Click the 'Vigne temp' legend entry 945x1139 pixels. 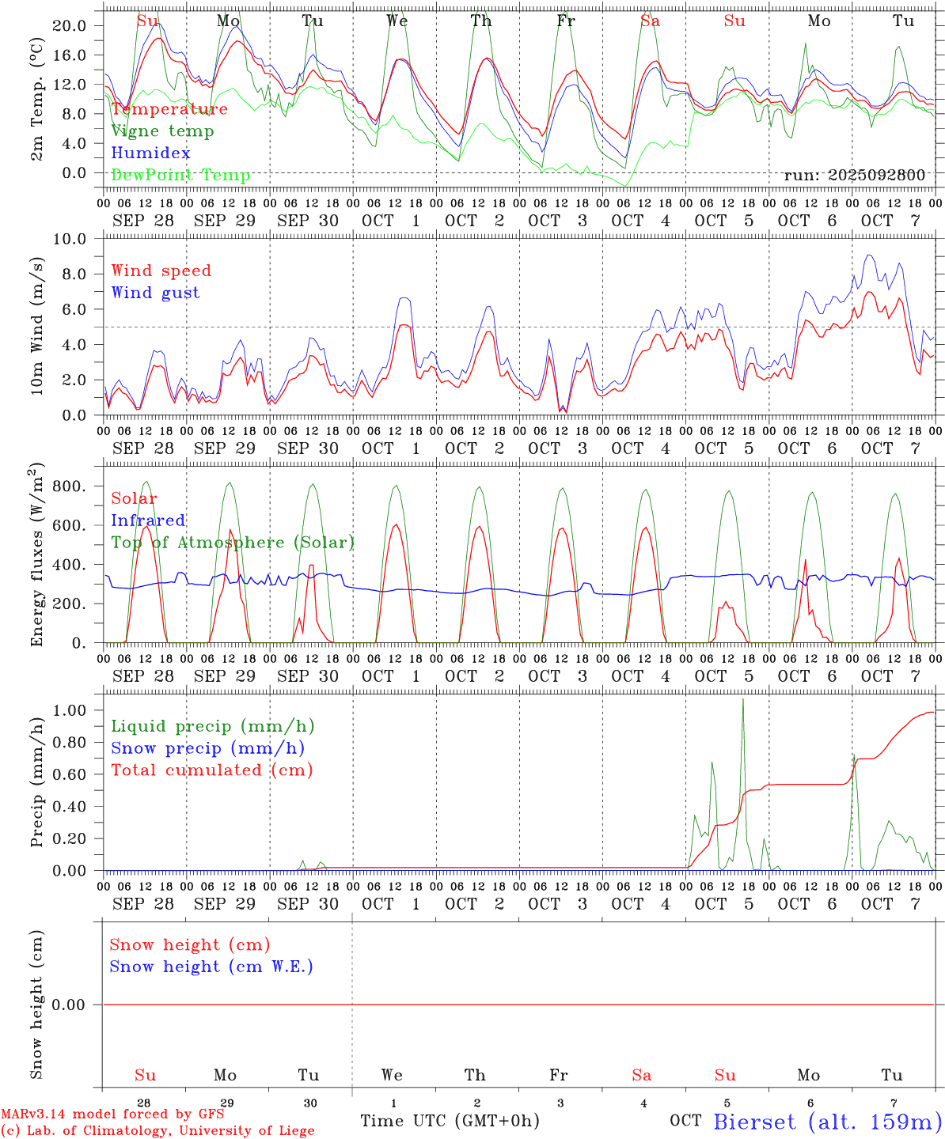pos(162,131)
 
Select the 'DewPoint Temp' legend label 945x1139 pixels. pos(180,176)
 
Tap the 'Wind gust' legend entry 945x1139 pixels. pos(155,293)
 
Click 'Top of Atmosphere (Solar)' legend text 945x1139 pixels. pos(232,543)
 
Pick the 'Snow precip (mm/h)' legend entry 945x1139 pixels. pos(207,748)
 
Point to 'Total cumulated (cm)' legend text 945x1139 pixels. pos(211,770)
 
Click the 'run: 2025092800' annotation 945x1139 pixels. pos(854,175)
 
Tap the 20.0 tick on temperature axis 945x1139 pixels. pos(69,25)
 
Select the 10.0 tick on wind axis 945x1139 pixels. pos(69,239)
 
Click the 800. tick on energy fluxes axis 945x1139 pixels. pos(69,486)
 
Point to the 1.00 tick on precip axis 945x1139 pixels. pos(69,710)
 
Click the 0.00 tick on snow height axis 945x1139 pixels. pos(69,1005)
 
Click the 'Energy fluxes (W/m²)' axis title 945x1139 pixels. pos(37,556)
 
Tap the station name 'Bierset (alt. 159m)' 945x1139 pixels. pos(827,1122)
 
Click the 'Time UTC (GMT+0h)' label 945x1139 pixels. pos(450,1121)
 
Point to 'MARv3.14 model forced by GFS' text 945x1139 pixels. pos(112,1114)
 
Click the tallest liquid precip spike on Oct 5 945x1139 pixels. pos(742,700)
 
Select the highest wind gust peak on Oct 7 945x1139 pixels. pos(869,255)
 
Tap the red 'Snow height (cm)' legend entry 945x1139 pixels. pos(189,944)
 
